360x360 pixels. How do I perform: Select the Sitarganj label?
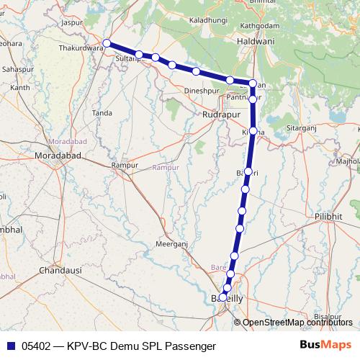pos(303,127)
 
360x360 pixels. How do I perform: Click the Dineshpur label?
pos(200,91)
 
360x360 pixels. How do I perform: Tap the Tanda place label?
pos(102,113)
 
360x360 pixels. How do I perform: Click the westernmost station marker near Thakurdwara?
pos(107,43)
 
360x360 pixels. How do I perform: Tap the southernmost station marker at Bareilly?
pos(223,297)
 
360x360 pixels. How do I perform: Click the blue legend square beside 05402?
pos(9,346)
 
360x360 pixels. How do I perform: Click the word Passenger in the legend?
pos(191,346)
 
